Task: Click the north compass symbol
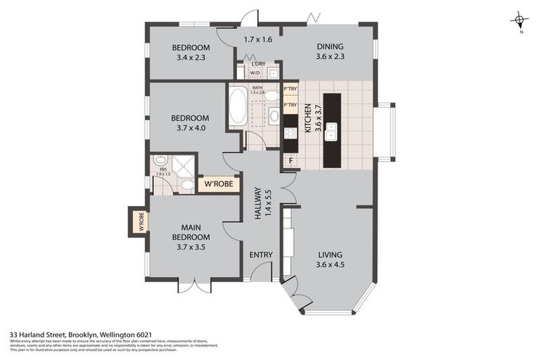pos(519,22)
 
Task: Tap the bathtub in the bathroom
pos(238,105)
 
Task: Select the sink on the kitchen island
pos(330,131)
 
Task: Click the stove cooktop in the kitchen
pos(290,132)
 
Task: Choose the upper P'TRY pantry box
pos(290,90)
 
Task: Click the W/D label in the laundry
pos(255,72)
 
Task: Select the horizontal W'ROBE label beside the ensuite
pos(219,185)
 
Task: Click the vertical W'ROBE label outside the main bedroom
pos(140,221)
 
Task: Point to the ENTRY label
pos(261,255)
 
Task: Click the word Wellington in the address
pos(120,335)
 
